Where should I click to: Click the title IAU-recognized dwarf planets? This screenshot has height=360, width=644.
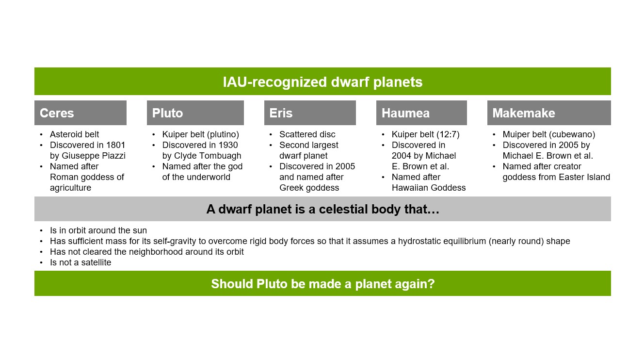tap(322, 82)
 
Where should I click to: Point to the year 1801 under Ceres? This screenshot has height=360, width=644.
tap(115, 145)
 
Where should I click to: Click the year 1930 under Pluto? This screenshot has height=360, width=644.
tap(228, 145)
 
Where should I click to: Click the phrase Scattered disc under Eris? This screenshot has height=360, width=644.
tap(307, 134)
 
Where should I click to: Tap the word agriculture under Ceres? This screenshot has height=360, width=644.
tap(70, 188)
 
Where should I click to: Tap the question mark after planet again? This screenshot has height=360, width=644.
tap(431, 283)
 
